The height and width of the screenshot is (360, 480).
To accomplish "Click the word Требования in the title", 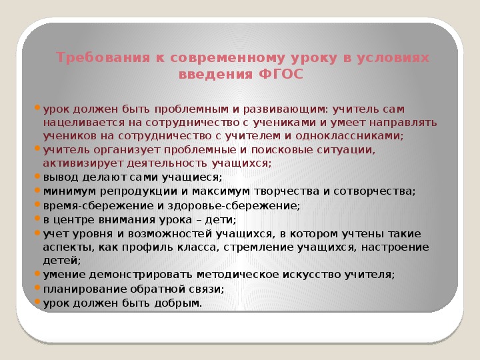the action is tap(103, 57).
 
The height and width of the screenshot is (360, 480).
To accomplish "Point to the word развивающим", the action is tap(285, 109).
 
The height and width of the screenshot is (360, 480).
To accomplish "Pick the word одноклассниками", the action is tap(349, 135).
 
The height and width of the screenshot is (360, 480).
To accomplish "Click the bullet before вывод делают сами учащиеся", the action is tap(37, 176).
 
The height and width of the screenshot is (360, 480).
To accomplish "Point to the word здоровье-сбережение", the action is tap(233, 206).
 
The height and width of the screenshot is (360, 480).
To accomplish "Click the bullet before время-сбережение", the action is tap(37, 204).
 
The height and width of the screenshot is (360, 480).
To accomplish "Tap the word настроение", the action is tap(395, 247).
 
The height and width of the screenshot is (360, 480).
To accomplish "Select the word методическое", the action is tap(237, 275).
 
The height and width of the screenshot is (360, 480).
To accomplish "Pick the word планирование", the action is tap(85, 289).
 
